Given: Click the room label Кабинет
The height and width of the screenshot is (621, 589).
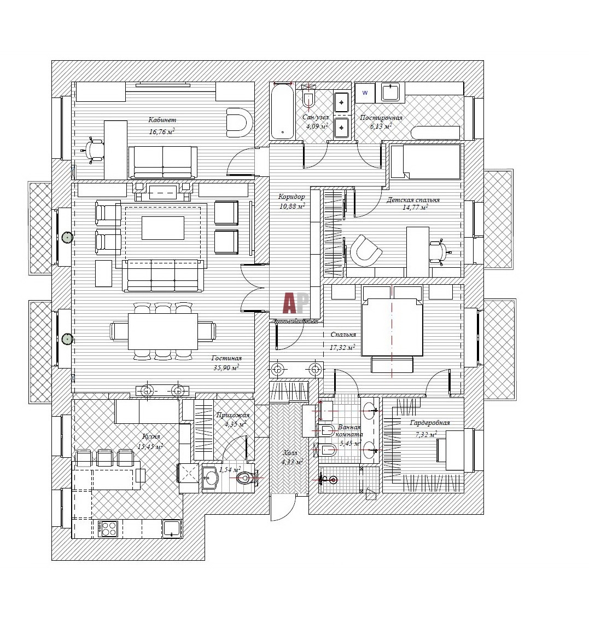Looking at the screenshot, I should coord(162,120).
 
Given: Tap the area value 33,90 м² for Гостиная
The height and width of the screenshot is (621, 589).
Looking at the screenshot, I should coord(226,368).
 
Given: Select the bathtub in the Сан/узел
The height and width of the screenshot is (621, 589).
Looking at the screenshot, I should coord(282,111).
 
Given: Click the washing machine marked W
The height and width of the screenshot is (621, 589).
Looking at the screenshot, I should coord(365,93).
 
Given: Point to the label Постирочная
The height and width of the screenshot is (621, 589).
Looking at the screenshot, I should coord(381,118).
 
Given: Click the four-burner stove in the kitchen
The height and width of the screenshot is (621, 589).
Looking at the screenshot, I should coord(108,528).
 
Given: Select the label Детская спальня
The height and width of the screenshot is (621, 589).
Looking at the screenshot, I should coord(413,200).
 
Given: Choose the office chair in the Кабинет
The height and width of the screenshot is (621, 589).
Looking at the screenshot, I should coord(95,150).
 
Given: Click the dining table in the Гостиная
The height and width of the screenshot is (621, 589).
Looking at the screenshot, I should coord(163,331).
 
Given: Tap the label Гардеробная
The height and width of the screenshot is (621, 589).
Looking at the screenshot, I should coord(430,423).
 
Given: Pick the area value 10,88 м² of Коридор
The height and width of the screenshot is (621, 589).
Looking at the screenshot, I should coord(292,206).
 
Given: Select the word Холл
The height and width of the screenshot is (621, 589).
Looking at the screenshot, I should coord(290,453).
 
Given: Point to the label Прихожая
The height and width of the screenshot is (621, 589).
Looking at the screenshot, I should coord(233,415).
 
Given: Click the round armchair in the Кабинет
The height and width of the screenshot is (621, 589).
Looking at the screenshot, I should coord(238,122).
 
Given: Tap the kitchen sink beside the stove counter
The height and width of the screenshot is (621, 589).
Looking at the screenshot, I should coord(172,528).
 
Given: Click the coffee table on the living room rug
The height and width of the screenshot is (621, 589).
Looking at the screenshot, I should coord(163,228).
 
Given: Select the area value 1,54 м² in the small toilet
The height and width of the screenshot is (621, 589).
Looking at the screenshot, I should coord(230,470).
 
